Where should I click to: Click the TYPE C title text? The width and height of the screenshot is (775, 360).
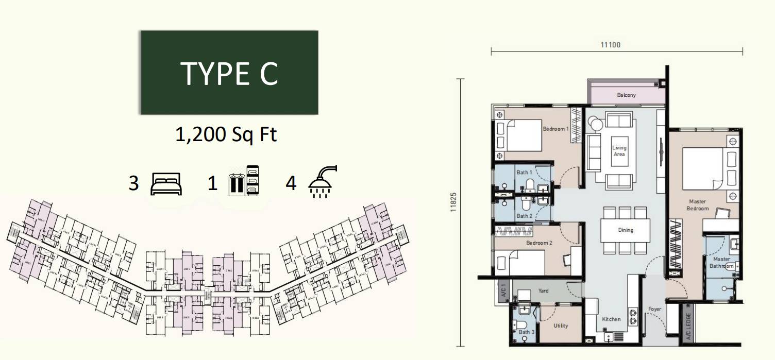tap(229, 74)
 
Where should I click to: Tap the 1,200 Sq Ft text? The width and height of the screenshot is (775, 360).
tap(226, 134)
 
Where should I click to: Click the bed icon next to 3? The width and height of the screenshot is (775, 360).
tap(166, 183)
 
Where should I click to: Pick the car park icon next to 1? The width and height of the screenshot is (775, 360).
tap(243, 181)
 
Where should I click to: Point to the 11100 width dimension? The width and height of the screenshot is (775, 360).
tap(611, 45)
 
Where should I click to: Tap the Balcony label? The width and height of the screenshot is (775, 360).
tap(626, 95)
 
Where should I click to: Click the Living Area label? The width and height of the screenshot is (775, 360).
tap(619, 151)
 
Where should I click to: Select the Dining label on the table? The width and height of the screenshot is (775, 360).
tap(626, 230)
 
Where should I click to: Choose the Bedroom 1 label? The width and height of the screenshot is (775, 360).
tap(555, 129)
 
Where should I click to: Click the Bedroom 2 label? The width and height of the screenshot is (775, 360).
tap(539, 243)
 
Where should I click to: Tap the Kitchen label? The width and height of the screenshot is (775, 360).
tap(612, 319)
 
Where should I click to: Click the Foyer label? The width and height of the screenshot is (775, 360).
tap(655, 309)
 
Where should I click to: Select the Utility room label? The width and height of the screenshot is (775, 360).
tap(561, 325)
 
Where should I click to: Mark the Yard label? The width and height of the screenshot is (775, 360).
tap(543, 290)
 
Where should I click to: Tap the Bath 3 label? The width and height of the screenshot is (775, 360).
tap(526, 332)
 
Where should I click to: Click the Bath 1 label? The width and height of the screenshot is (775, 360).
tap(524, 172)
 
